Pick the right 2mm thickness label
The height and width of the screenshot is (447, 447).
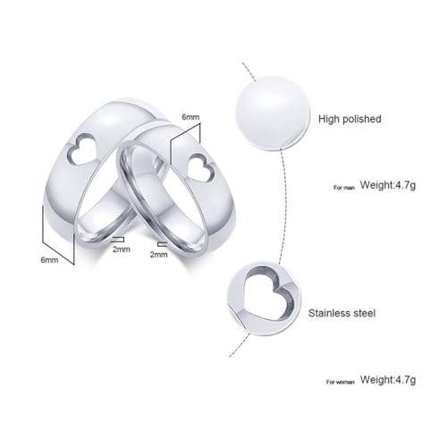tap(158, 255)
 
